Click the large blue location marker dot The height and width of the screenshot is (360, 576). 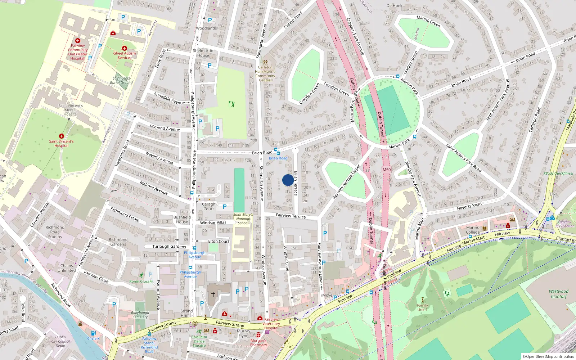coord(288,180)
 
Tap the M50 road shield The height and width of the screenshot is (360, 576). coord(387,170)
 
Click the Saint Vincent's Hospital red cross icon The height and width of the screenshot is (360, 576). coord(62,136)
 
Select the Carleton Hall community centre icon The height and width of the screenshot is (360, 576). coord(265,62)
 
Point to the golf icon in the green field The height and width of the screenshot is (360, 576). coord(231,104)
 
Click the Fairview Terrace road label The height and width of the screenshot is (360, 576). coord(291,216)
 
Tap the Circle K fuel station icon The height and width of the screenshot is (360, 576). coord(93,333)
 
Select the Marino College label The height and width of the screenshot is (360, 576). coord(473,230)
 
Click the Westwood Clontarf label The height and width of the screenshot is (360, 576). coord(558,294)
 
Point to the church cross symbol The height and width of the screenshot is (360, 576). coord(213,294)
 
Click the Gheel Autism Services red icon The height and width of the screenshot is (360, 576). coord(124,48)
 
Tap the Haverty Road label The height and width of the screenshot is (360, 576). coord(469,206)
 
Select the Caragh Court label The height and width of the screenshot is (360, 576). coord(208,206)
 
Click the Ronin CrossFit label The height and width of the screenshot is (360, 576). coord(141,282)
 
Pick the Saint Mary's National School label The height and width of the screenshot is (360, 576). coord(243,219)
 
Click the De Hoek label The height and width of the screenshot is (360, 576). coord(394,5)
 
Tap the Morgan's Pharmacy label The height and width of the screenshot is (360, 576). coord(258,342)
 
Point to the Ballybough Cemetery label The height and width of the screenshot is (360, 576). coord(140,315)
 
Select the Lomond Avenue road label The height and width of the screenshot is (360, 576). coord(165,128)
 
